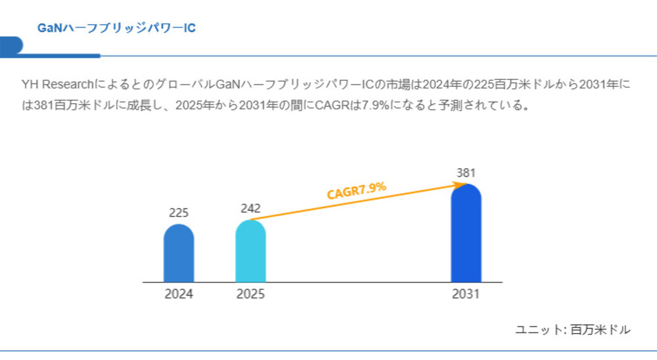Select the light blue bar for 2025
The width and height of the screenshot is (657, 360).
250,252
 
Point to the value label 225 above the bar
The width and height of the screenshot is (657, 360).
179,213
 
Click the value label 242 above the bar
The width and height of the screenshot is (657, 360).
250,209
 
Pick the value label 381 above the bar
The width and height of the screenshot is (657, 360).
466,173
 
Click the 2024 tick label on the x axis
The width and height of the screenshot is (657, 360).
179,294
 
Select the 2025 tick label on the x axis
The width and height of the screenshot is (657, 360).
250,294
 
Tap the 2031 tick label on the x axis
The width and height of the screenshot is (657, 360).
466,294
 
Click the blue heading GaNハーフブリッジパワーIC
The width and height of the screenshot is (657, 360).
116,28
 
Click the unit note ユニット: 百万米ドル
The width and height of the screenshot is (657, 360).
573,330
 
